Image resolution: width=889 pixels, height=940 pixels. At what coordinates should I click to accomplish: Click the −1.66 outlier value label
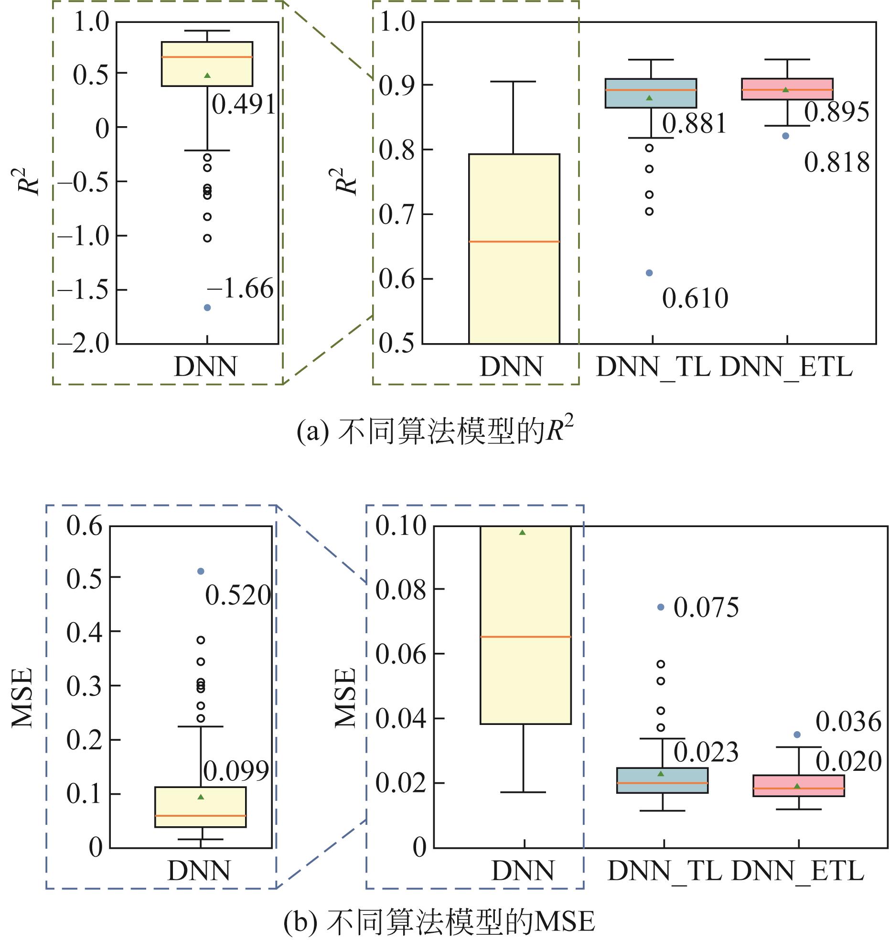point(240,289)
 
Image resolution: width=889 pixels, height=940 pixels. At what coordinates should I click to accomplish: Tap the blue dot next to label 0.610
point(649,273)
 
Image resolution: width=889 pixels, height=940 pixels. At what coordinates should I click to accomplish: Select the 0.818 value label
point(836,163)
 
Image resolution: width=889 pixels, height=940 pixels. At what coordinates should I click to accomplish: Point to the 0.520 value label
point(238,596)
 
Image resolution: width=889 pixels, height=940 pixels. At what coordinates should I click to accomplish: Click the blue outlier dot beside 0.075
point(661,607)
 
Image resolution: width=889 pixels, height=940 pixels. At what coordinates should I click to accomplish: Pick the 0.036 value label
point(848,722)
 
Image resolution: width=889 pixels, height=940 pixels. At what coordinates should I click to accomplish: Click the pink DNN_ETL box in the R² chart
point(787,89)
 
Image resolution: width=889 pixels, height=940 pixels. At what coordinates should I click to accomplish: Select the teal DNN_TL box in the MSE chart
point(662,780)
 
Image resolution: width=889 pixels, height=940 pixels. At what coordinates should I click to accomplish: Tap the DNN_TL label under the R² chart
point(653,367)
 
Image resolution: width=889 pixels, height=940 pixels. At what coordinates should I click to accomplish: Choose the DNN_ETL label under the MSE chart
point(797,871)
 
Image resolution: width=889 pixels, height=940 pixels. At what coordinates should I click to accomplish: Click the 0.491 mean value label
point(244,105)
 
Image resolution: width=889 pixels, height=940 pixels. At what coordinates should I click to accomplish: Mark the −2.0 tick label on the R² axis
point(84,343)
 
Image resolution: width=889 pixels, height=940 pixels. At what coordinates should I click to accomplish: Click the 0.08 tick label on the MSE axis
point(400,589)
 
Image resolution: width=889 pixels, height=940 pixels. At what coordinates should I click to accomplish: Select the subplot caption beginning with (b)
point(439,922)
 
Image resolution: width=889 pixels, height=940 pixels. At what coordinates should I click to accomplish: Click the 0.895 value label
point(836,113)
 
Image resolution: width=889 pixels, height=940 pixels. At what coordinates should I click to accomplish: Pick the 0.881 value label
point(694,123)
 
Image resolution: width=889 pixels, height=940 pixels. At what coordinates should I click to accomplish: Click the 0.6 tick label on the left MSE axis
point(84,526)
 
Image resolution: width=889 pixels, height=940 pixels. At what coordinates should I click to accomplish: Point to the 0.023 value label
point(706,752)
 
